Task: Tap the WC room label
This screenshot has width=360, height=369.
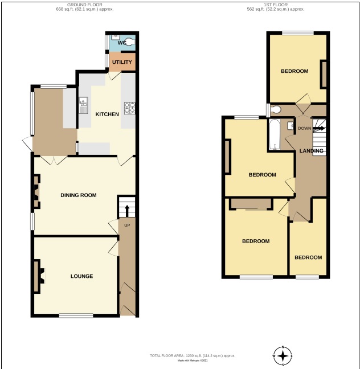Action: point(121,43)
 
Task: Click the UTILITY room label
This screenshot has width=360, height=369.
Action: point(122,62)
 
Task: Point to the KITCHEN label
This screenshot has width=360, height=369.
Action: point(107,114)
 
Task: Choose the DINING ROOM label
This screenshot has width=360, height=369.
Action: point(79,195)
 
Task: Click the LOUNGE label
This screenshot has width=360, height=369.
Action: point(81,276)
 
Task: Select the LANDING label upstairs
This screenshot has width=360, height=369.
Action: point(312,151)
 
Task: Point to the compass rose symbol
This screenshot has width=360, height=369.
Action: point(283,356)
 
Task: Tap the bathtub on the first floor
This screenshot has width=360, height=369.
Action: point(275,136)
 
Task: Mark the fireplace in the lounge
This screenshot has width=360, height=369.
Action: point(38,276)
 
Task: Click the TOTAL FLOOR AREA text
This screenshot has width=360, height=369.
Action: point(192,355)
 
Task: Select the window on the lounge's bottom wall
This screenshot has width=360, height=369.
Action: point(76,315)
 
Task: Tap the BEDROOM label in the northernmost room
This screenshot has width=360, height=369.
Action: point(294,71)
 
